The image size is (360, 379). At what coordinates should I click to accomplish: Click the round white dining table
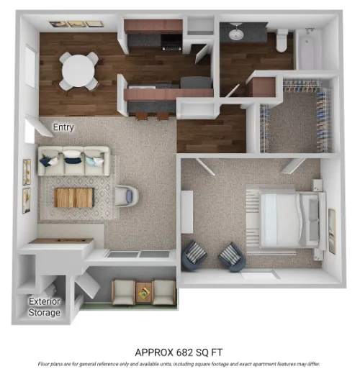click(x=78, y=70)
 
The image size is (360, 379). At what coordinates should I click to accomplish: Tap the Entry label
click(x=63, y=127)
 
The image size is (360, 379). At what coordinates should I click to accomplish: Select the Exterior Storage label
click(x=45, y=307)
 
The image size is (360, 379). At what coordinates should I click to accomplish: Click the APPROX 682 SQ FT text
click(x=180, y=352)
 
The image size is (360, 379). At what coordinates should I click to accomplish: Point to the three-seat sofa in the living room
click(x=73, y=160)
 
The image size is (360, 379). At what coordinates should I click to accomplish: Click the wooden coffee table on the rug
click(x=74, y=196)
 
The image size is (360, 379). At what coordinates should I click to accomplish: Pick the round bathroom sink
click(x=236, y=33)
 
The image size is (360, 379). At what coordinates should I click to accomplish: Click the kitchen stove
click(x=171, y=42)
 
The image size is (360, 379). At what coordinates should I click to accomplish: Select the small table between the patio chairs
click(x=144, y=292)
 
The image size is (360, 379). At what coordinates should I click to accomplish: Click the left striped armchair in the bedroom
click(x=194, y=255)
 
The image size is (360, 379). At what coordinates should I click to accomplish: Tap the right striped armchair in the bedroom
click(x=232, y=256)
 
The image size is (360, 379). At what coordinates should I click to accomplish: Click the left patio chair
click(x=123, y=291)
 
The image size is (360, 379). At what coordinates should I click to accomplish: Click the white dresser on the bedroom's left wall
click(x=186, y=211)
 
